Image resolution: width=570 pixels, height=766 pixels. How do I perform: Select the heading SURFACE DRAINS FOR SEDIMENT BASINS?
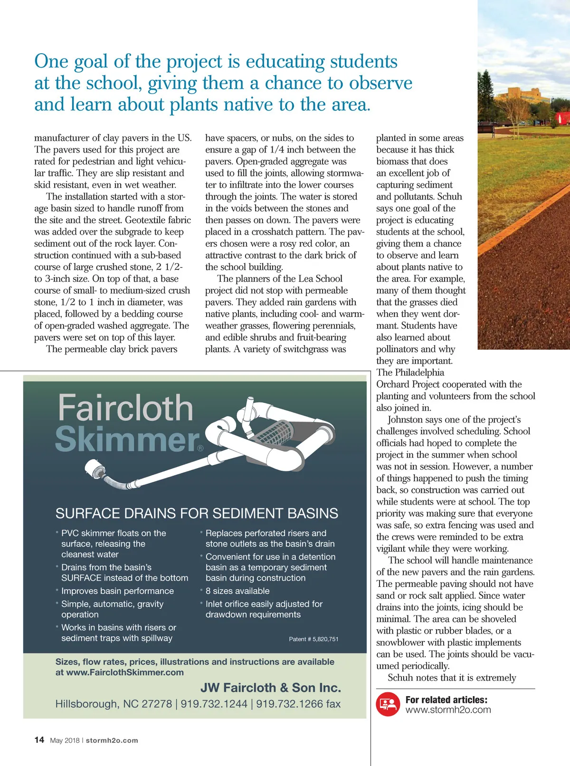point(197,513)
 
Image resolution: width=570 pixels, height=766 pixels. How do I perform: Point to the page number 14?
point(39,740)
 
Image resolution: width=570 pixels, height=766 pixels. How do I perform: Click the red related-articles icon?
point(388,704)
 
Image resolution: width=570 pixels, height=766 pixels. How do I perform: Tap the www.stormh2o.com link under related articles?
point(448,710)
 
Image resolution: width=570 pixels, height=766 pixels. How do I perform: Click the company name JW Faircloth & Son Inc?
point(270,688)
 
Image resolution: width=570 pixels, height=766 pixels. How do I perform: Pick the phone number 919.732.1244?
point(214,704)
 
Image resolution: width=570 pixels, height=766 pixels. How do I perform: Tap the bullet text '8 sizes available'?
point(237,591)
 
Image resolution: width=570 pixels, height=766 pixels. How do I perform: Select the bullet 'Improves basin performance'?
point(117,591)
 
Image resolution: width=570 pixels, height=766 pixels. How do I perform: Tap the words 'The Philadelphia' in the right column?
point(410,373)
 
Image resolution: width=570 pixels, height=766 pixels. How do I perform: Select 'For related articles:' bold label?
point(446,699)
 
